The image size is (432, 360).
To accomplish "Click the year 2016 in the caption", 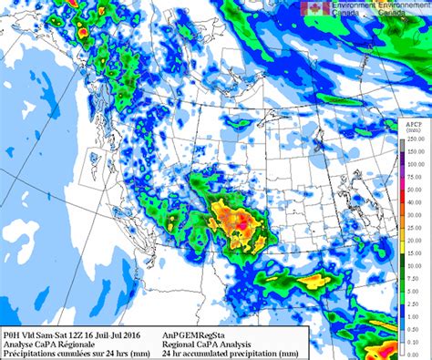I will tap(139, 334).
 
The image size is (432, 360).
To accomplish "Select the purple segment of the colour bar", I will tap(402, 156).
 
